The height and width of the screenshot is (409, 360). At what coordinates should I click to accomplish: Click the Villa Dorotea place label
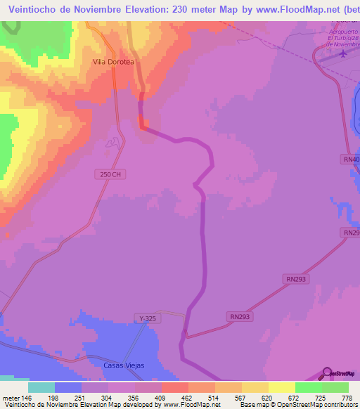pyautogui.click(x=113, y=62)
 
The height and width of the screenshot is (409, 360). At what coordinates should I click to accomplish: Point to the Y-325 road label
pyautogui.click(x=147, y=318)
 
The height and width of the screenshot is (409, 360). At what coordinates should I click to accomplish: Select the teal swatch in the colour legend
pyautogui.click(x=41, y=387)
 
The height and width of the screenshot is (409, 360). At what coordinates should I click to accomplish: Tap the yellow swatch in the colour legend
pyautogui.click(x=282, y=387)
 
